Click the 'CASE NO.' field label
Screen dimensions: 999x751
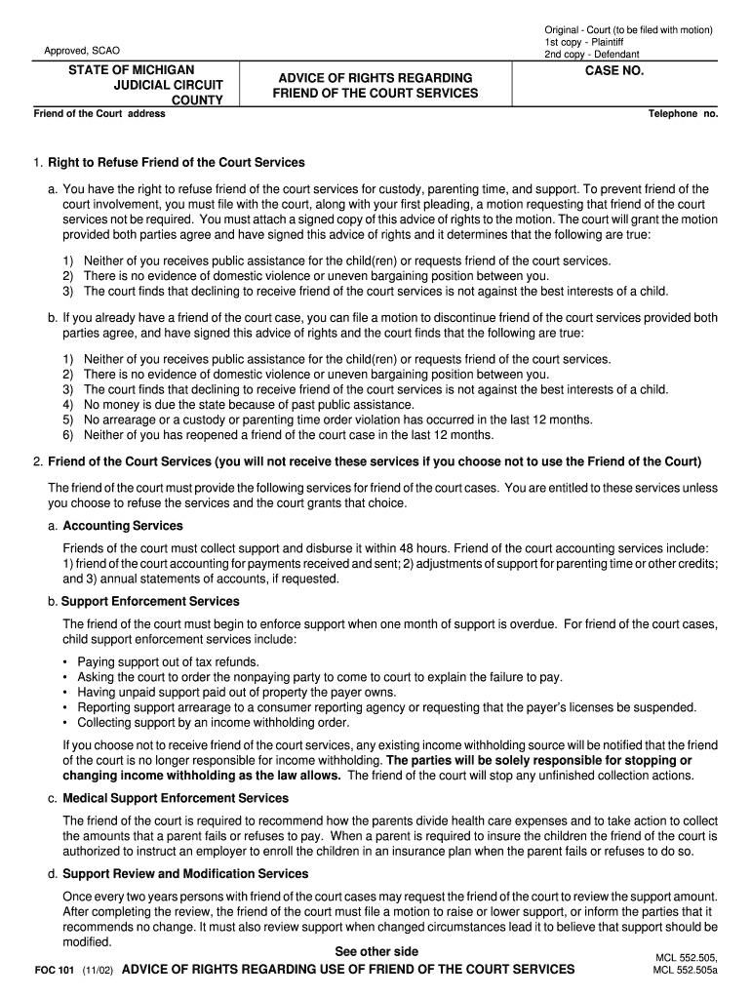(x=613, y=72)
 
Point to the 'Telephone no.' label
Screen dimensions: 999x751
(x=683, y=114)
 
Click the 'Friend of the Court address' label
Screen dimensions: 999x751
(x=99, y=114)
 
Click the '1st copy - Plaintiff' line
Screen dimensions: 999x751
(x=584, y=43)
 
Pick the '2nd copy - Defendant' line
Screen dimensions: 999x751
(x=591, y=55)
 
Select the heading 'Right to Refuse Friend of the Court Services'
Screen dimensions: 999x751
(x=177, y=162)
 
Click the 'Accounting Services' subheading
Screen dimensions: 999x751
(x=123, y=526)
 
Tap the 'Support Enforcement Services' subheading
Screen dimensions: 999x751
(x=151, y=601)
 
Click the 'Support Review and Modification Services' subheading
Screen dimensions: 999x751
(x=185, y=873)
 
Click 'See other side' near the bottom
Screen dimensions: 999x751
(x=376, y=951)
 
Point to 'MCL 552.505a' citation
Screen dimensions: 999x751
(x=686, y=972)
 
